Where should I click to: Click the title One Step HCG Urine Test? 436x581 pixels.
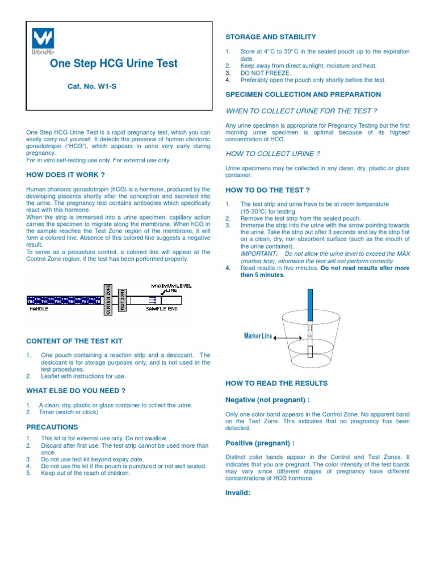[x=114, y=64]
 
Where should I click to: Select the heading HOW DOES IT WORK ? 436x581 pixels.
[x=65, y=175]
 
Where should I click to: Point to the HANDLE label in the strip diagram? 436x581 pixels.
[x=39, y=309]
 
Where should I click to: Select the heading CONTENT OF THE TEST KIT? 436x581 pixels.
[x=74, y=341]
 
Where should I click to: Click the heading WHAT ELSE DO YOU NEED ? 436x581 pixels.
[x=76, y=391]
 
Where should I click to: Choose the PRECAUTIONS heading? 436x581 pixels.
[x=52, y=427]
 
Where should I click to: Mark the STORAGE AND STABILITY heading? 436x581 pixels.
[x=271, y=37]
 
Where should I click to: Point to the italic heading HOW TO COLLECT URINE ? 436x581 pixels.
[x=273, y=154]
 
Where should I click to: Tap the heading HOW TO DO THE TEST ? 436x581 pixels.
[x=268, y=190]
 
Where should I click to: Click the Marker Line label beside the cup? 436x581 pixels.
[x=258, y=336]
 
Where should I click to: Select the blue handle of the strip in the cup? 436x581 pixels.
[x=310, y=303]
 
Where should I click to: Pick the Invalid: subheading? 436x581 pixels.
[x=238, y=492]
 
